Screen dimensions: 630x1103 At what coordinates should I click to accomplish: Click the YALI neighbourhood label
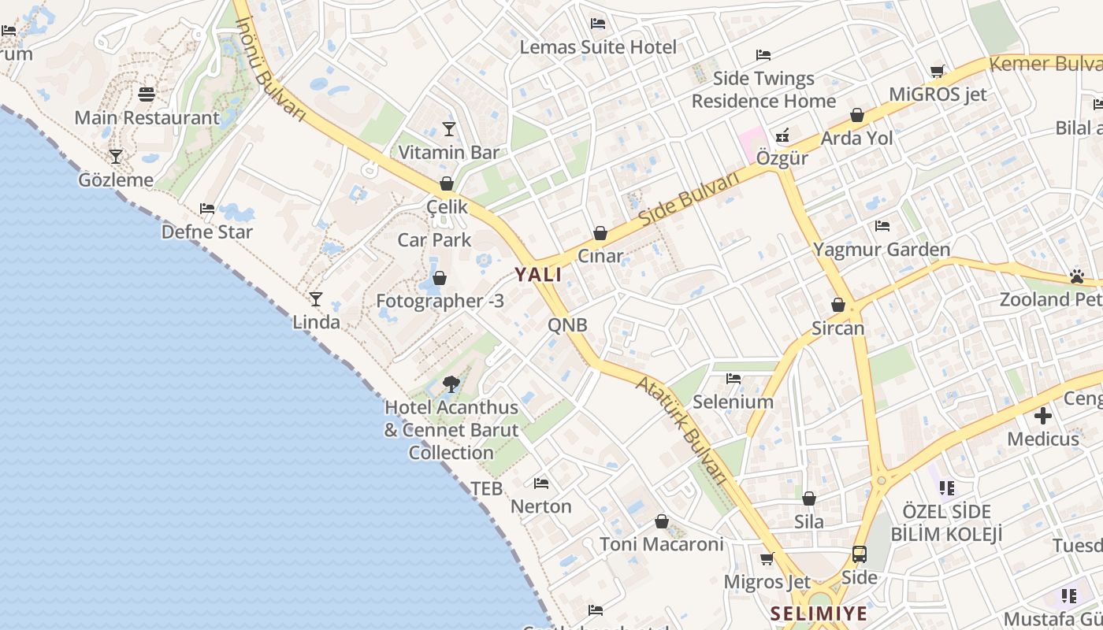[538, 275]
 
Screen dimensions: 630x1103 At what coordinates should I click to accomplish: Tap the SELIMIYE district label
[819, 613]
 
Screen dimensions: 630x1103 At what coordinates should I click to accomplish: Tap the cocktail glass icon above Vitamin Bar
[449, 129]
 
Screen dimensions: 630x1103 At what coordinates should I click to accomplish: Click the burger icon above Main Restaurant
[147, 94]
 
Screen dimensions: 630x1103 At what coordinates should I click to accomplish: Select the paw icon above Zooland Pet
[1077, 276]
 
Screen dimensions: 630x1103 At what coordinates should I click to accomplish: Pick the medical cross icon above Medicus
[1043, 416]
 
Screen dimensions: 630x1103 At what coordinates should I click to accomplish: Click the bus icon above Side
[859, 554]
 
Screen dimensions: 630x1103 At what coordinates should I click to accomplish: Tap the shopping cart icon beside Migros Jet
[767, 559]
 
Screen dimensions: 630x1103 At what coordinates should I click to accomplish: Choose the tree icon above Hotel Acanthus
[451, 384]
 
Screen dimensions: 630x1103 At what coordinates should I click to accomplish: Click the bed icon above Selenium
[733, 379]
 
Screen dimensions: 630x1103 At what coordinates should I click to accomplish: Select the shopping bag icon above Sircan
[838, 305]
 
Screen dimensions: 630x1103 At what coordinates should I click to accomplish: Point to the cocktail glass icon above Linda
[316, 299]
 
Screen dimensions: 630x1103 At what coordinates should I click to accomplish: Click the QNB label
[567, 325]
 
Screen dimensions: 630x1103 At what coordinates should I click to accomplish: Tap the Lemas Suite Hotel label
[598, 47]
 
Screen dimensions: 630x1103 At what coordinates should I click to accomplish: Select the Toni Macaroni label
[662, 544]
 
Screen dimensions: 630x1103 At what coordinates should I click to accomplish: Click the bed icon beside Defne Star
[207, 209]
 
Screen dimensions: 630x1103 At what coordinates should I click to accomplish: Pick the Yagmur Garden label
[882, 250]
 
